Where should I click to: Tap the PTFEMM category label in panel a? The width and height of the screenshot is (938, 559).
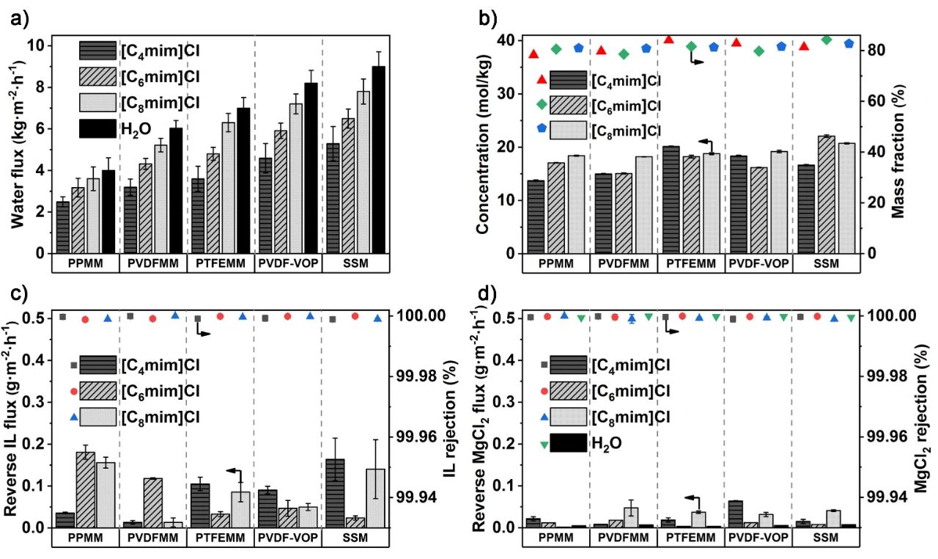pos(220,263)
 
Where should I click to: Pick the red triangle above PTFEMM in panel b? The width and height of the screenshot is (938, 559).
pos(668,40)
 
